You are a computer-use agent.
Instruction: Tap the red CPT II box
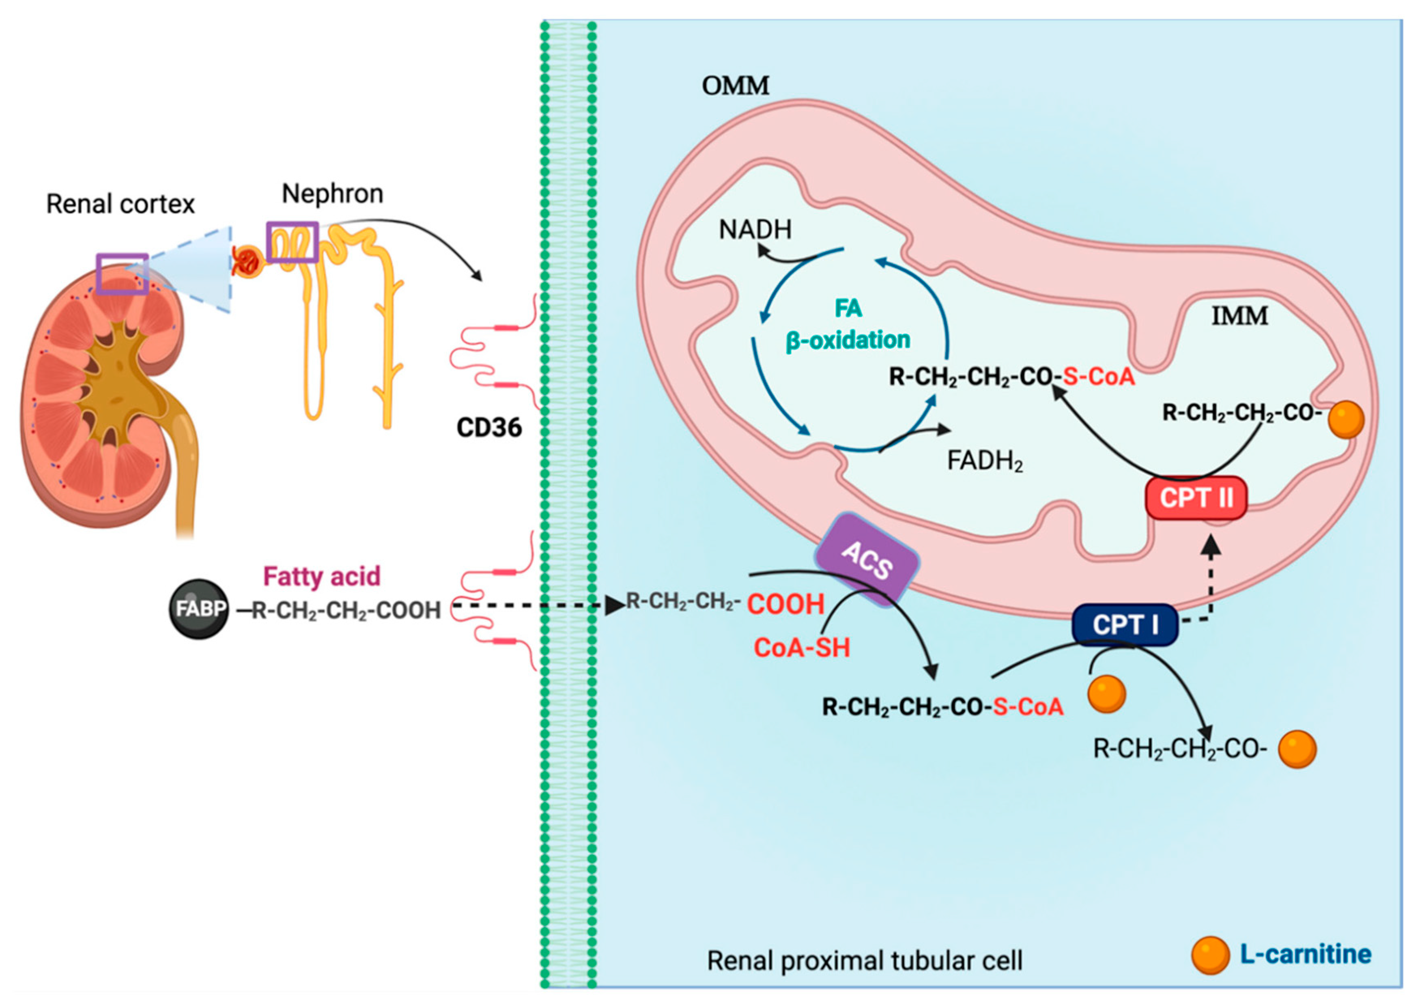pos(1196,498)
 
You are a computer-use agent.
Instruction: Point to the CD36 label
pos(488,427)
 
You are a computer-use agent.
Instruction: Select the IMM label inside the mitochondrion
pos(1239,316)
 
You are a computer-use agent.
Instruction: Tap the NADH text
pos(755,230)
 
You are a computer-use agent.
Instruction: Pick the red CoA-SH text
pos(802,648)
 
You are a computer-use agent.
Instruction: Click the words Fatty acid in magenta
pos(322,576)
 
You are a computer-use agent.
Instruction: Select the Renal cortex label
pos(120,204)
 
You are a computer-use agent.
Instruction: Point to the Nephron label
pos(333,194)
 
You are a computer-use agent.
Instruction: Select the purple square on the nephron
pos(293,242)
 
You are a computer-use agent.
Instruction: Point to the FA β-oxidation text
pos(848,324)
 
